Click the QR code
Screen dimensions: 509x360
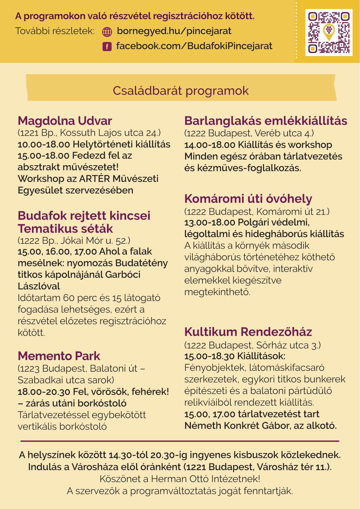(x=329, y=32)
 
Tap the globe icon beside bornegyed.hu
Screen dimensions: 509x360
(x=107, y=32)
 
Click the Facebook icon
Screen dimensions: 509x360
(x=107, y=46)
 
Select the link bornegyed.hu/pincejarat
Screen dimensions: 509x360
(x=174, y=31)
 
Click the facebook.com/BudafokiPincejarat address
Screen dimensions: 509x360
(x=194, y=46)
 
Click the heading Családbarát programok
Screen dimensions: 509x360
(x=180, y=91)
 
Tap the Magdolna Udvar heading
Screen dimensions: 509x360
(x=65, y=121)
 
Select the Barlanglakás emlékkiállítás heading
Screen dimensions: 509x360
(x=265, y=121)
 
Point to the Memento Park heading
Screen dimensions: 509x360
(x=59, y=356)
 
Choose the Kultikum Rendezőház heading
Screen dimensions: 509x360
(x=248, y=332)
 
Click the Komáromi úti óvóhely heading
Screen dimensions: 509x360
(x=248, y=199)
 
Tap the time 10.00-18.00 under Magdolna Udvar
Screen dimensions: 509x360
(x=44, y=144)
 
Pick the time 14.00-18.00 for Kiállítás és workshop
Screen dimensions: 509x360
(x=210, y=145)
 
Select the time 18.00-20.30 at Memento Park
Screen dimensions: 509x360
(x=44, y=392)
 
